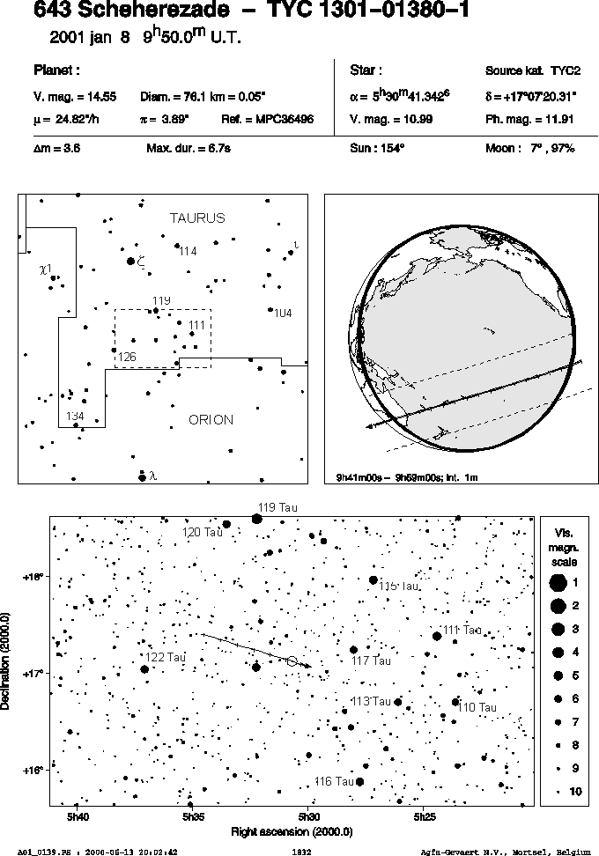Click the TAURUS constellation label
[197, 218]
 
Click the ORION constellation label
[211, 420]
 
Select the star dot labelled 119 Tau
[256, 519]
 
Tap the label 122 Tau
[166, 657]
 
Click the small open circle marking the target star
[292, 661]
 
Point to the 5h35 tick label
[193, 817]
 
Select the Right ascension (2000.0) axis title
[292, 832]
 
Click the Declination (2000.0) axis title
[6, 661]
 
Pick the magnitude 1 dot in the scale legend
[558, 583]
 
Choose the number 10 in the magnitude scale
[575, 791]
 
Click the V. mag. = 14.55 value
[75, 97]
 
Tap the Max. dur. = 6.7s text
[189, 148]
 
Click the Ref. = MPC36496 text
[268, 120]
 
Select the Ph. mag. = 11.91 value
[529, 120]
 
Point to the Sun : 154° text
[377, 148]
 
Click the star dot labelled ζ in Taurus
[130, 262]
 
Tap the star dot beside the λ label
[143, 477]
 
